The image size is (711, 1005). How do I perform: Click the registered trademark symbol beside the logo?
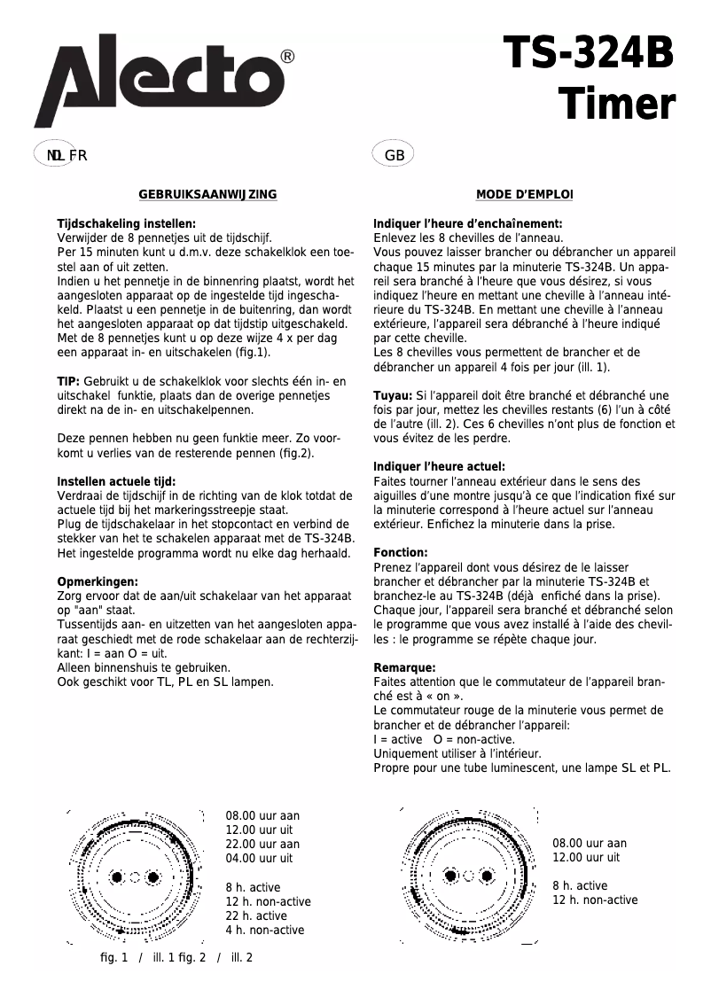point(287,57)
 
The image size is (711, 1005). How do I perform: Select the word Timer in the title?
point(616,105)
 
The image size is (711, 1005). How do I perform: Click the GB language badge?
point(395,155)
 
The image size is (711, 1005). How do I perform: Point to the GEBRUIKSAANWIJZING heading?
point(207,195)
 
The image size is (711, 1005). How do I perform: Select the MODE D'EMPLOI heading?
point(524,195)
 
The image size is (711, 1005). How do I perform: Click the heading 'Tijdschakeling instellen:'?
point(126,224)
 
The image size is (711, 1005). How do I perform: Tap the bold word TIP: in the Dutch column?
point(69,381)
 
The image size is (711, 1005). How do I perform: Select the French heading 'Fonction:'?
point(401,552)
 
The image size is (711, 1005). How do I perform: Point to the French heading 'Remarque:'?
point(404,667)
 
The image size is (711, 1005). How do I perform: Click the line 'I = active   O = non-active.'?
point(444,739)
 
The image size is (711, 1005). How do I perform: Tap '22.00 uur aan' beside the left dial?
point(262,844)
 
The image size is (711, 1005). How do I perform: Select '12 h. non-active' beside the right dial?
point(595,900)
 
